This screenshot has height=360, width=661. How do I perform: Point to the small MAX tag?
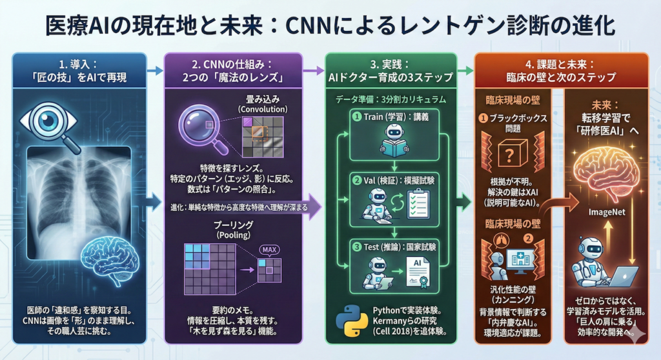[x=267, y=250]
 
